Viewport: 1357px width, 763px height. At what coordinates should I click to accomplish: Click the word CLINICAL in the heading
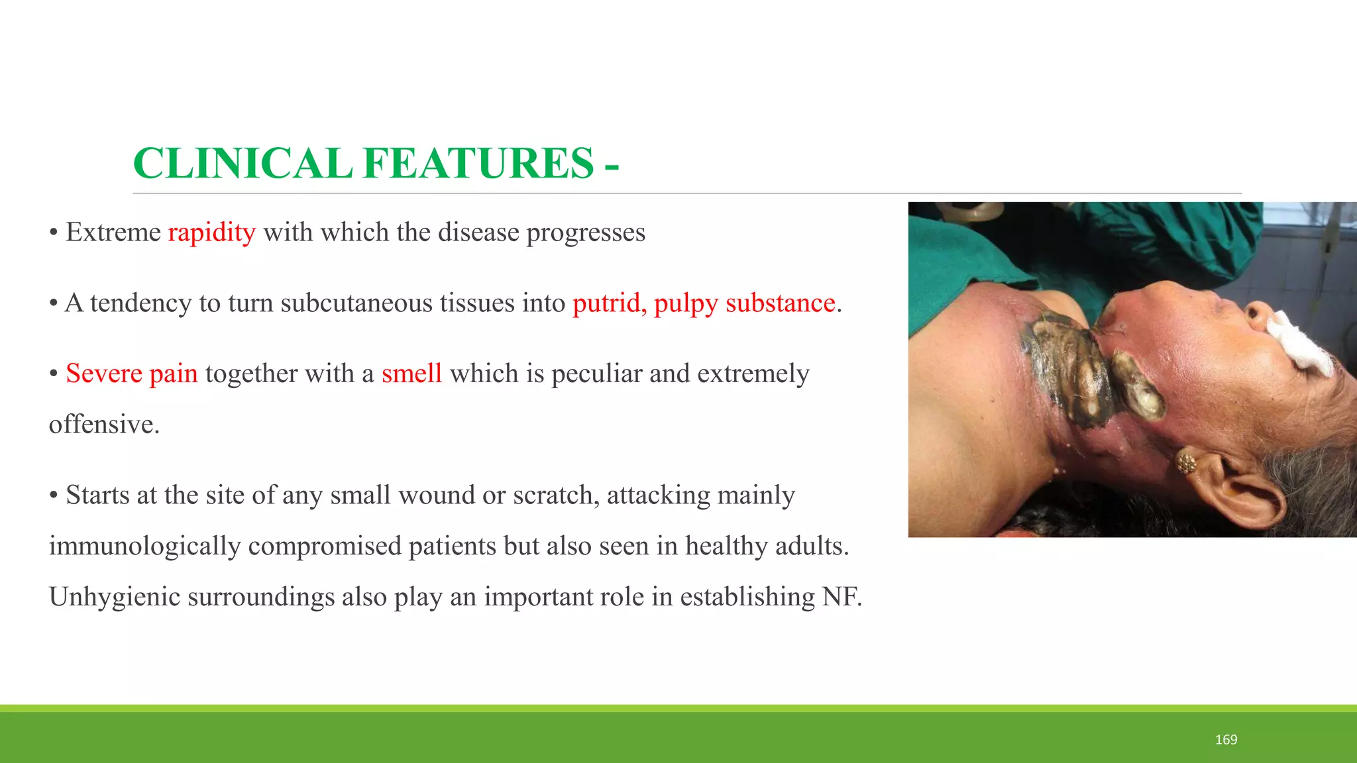pos(243,164)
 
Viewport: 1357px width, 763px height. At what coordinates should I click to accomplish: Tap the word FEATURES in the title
pos(478,164)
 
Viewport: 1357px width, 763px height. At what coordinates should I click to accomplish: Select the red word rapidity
pos(211,232)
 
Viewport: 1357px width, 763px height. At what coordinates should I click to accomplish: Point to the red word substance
pos(780,303)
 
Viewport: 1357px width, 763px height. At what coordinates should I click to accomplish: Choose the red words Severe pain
pos(132,374)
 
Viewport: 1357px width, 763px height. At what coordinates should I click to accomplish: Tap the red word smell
pos(411,374)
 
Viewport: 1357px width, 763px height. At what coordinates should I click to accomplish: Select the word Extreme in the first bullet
pos(113,232)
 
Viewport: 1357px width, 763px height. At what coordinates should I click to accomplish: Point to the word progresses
pos(586,232)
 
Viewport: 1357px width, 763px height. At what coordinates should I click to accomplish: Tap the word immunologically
pos(144,546)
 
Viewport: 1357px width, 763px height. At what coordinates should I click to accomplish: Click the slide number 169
pos(1226,740)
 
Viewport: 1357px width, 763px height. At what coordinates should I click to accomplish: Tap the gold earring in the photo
pos(1187,462)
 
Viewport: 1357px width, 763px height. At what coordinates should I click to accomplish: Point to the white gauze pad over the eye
pos(1300,344)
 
